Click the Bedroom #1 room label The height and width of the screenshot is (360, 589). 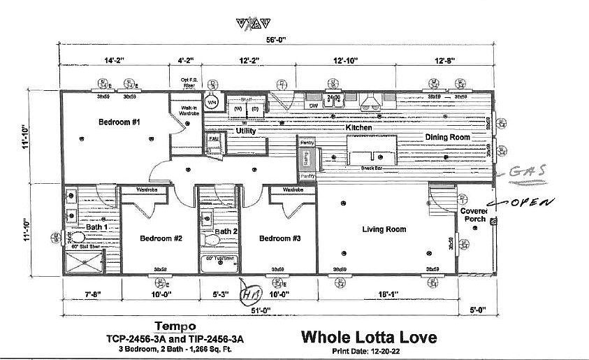[x=119, y=122]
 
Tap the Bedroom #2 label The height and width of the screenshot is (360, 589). [x=161, y=238]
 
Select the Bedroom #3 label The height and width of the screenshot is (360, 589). [x=279, y=238]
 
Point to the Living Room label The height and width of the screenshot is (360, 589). [x=384, y=229]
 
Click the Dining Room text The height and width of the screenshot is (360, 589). [x=447, y=138]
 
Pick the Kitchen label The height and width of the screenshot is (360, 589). [x=359, y=129]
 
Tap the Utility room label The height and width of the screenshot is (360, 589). [x=245, y=131]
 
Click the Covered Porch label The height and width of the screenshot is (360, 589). [x=473, y=215]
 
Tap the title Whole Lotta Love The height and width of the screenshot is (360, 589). [x=368, y=337]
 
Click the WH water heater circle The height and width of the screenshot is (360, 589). [x=212, y=102]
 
